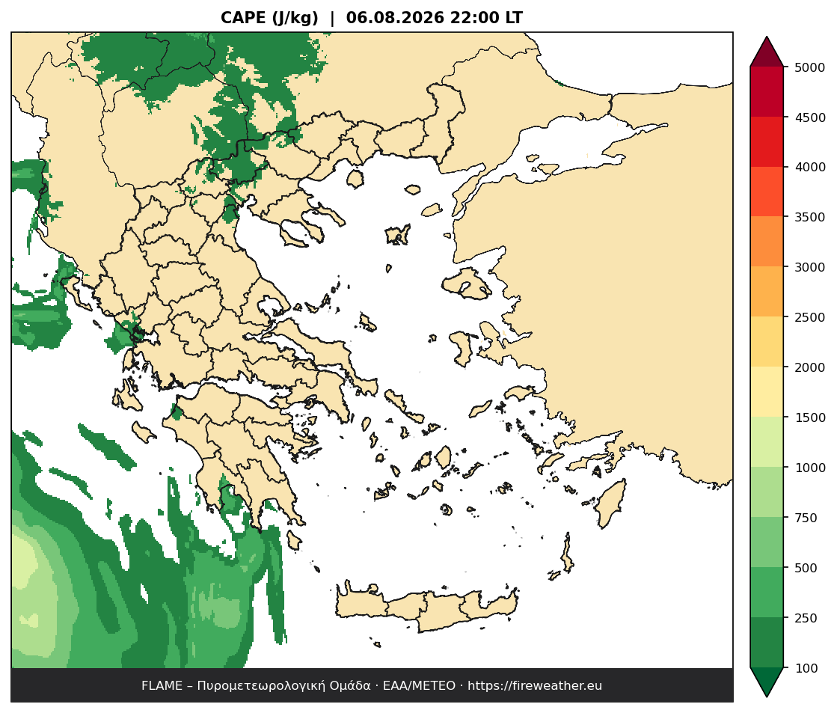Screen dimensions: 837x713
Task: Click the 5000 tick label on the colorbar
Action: click(809, 67)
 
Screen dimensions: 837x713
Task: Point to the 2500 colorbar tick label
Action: click(809, 317)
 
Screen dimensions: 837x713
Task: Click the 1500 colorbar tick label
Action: click(809, 417)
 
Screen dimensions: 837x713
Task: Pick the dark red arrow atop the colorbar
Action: click(767, 52)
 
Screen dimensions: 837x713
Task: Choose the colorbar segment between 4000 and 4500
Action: click(767, 141)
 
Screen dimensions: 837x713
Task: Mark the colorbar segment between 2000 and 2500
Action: click(767, 342)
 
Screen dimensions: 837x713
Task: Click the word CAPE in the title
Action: click(244, 18)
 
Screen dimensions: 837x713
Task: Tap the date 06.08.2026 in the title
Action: click(395, 18)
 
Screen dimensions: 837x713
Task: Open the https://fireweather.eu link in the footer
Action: click(535, 686)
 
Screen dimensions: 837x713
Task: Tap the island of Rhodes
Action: click(610, 503)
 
